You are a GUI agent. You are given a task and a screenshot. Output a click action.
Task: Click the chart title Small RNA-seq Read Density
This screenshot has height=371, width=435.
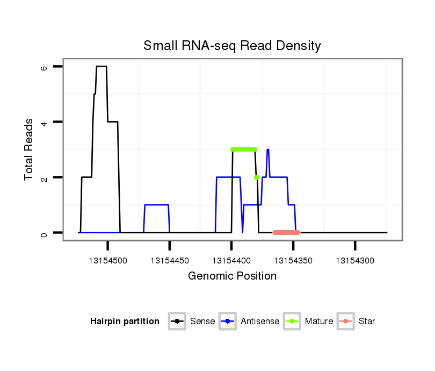[232, 46]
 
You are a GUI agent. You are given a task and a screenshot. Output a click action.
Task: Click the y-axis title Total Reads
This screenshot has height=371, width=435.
[29, 149]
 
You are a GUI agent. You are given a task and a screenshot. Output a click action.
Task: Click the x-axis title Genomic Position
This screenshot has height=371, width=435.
[232, 276]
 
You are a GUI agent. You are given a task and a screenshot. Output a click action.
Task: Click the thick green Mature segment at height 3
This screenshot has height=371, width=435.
[244, 149]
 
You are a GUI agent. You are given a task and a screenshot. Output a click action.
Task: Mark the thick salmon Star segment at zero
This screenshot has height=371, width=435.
[286, 232]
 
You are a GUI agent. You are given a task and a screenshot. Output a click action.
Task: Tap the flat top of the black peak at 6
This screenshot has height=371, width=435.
[102, 66]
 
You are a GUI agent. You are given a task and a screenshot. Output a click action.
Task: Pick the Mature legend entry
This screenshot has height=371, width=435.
[309, 322]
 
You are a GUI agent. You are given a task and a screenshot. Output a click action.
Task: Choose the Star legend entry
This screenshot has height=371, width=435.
[357, 322]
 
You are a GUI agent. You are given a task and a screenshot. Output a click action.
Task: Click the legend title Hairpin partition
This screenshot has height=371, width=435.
[125, 322]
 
